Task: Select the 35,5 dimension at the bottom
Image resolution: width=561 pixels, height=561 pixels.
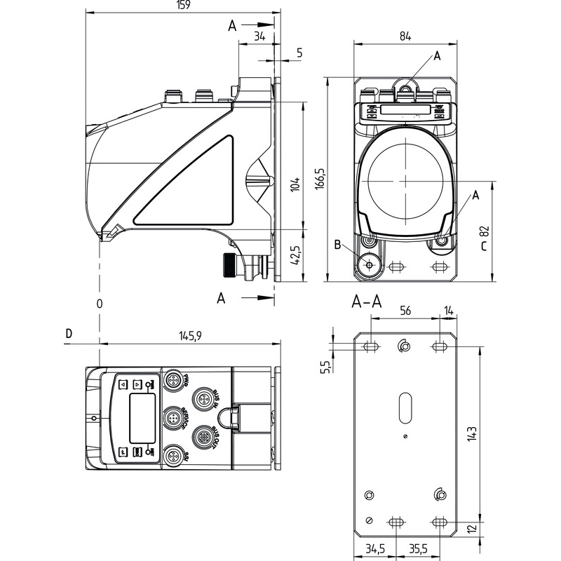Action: [419, 548]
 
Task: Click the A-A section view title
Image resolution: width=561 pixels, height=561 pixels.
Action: [366, 302]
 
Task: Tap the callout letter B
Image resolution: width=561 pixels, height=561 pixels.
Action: [338, 245]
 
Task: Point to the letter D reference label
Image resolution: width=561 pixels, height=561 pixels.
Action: [68, 333]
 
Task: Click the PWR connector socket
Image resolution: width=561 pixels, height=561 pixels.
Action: [173, 381]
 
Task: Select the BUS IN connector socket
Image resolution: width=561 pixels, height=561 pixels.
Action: [203, 400]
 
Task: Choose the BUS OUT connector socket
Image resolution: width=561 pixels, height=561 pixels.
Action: [203, 436]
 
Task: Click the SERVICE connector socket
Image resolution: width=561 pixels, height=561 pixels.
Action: [173, 419]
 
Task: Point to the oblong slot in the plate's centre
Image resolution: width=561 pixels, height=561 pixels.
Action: [405, 407]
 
